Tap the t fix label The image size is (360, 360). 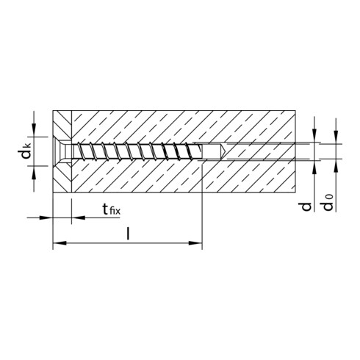[111, 212]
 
